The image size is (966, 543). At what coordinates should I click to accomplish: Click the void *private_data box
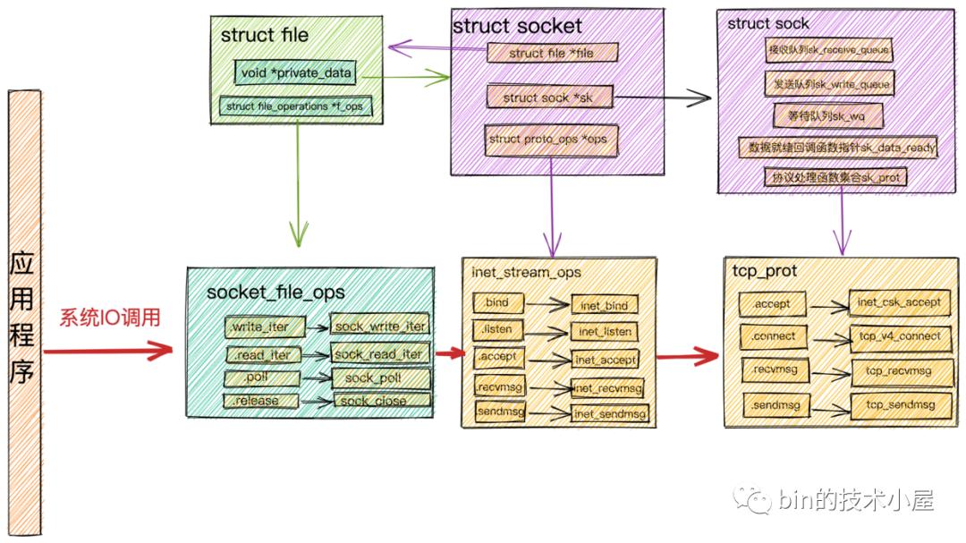pyautogui.click(x=296, y=72)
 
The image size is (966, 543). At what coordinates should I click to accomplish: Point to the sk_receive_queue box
pyautogui.click(x=829, y=50)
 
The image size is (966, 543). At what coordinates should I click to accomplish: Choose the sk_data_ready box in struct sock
pyautogui.click(x=837, y=148)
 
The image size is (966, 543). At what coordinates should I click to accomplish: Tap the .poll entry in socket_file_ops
pyautogui.click(x=258, y=378)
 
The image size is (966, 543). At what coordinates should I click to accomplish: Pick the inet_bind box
pyautogui.click(x=604, y=306)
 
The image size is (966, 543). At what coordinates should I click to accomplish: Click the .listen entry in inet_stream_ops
pyautogui.click(x=495, y=329)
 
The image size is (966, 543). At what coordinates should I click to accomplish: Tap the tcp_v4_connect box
pyautogui.click(x=898, y=336)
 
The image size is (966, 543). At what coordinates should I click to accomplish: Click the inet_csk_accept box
pyautogui.click(x=898, y=302)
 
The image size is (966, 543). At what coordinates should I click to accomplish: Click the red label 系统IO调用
pyautogui.click(x=110, y=318)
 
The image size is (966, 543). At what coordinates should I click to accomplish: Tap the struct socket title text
pyautogui.click(x=517, y=26)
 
